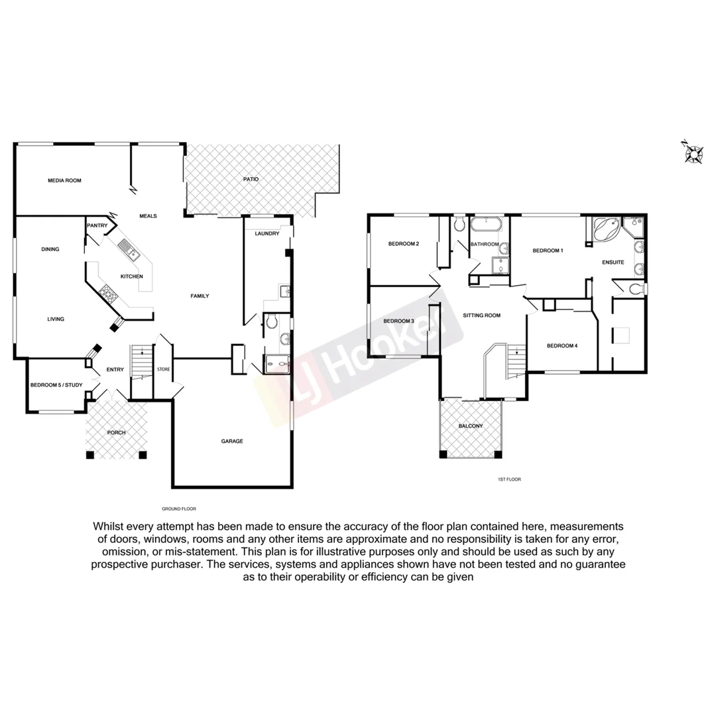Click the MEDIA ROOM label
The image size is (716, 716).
pos(64,180)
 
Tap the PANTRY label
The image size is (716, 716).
pos(97,226)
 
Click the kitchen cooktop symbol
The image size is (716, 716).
pos(107,293)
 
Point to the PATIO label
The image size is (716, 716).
pos(250,180)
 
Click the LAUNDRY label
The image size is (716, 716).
pos(267,233)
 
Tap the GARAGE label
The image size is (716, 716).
pos(232,441)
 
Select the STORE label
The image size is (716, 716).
pos(163,369)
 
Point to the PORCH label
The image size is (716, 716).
pos(116,433)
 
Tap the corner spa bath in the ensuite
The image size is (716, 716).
pos(607,230)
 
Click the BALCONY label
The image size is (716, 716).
pos(471,426)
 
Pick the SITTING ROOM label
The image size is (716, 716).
pos(481,316)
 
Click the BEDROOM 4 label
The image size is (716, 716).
pos(562,346)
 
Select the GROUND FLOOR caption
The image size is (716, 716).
pos(179,508)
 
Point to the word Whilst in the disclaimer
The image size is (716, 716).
pos(108,526)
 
